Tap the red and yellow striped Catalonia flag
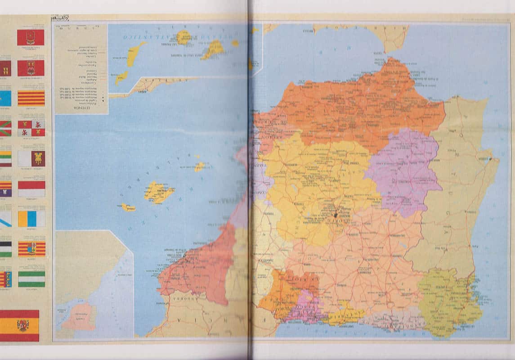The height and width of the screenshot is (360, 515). coord(31,98)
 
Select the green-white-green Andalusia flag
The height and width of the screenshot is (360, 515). coord(31,279)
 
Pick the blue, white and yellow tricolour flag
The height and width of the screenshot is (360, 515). coord(31,219)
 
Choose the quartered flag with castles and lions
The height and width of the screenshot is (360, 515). coord(31,128)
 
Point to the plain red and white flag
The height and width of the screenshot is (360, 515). coord(31,189)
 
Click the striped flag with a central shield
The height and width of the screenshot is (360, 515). coord(31,249)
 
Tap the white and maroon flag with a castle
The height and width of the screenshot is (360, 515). coord(31,158)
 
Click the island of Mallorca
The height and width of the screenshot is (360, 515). coord(158,192)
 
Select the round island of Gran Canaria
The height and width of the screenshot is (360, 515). coord(184,37)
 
